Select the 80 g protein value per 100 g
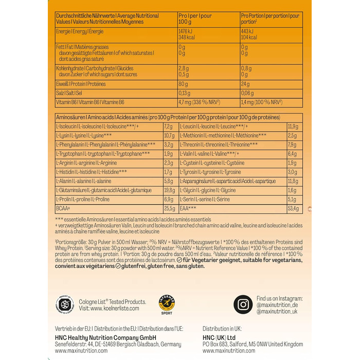[x=183, y=83]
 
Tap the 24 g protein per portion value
[x=245, y=83]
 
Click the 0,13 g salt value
[x=186, y=93]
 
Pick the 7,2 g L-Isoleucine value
[x=168, y=126]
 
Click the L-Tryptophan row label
[x=103, y=153]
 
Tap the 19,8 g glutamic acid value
[x=169, y=190]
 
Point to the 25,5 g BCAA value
[x=169, y=208]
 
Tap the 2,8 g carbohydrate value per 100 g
[x=184, y=67]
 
